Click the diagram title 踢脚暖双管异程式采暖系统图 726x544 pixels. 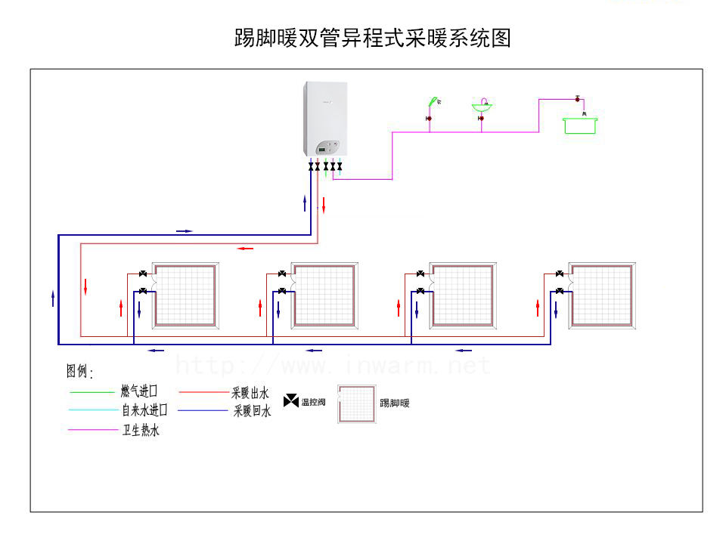point(373,38)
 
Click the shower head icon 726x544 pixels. point(433,100)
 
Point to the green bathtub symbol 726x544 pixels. point(580,125)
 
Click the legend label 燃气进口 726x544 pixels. point(138,391)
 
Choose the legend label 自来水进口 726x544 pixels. point(144,410)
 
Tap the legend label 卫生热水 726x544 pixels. point(141,431)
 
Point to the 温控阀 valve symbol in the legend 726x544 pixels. point(291,401)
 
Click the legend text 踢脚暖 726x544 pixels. point(394,403)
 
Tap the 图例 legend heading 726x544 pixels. point(79,372)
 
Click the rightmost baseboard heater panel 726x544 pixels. point(603,295)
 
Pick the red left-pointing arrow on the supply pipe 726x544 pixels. point(244,248)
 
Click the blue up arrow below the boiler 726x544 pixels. point(305,202)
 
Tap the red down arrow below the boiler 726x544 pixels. point(324,204)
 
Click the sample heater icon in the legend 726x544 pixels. point(356,403)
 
